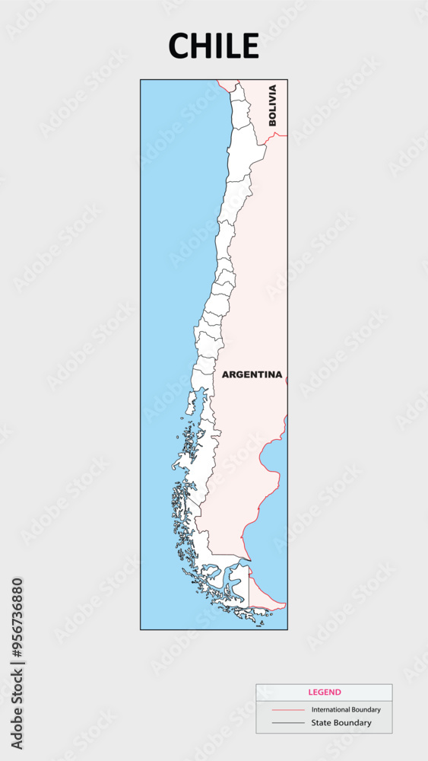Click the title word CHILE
click(214, 46)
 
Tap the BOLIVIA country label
click(273, 106)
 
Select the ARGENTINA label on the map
click(252, 374)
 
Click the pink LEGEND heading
click(325, 693)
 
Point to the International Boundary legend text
click(346, 709)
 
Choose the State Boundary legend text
click(341, 723)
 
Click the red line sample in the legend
click(287, 709)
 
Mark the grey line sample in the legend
click(287, 723)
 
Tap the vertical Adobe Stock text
click(17, 708)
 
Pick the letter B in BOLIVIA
click(273, 122)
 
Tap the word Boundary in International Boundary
click(366, 709)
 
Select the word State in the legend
click(321, 723)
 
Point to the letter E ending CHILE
click(250, 46)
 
